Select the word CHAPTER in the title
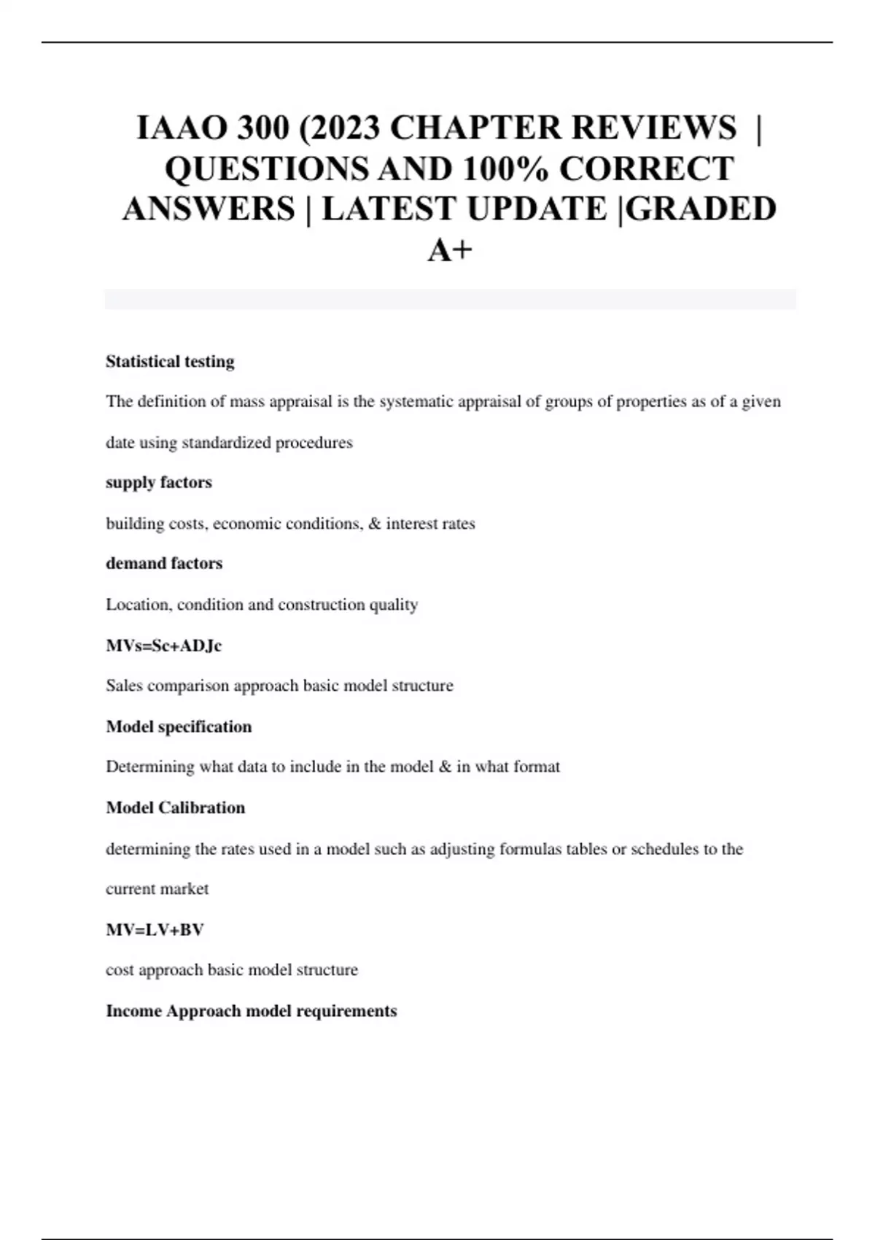pyautogui.click(x=476, y=128)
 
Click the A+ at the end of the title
pyautogui.click(x=450, y=250)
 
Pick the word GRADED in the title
pyautogui.click(x=701, y=209)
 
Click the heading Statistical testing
pyautogui.click(x=170, y=362)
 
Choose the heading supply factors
pyautogui.click(x=159, y=483)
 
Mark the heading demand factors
pyautogui.click(x=164, y=564)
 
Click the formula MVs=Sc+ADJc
pyautogui.click(x=163, y=646)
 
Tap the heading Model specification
pyautogui.click(x=179, y=726)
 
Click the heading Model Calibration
pyautogui.click(x=175, y=807)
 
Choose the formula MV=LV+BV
pyautogui.click(x=155, y=930)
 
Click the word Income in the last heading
pyautogui.click(x=133, y=1011)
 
